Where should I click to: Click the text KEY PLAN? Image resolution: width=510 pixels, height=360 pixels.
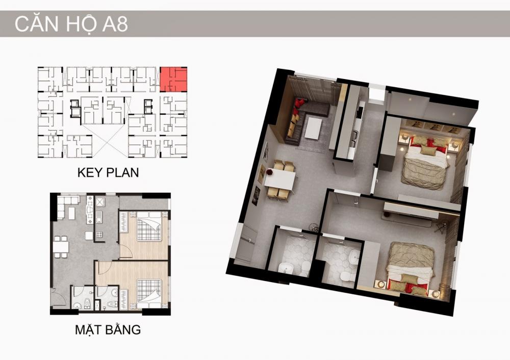[x=108, y=172]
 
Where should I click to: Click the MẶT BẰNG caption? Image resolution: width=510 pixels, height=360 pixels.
[x=108, y=329]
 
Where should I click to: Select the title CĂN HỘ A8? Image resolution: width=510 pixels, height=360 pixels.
[x=71, y=24]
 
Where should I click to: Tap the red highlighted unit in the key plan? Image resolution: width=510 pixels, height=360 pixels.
[x=173, y=80]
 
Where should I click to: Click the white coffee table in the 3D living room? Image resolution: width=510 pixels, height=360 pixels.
[x=313, y=128]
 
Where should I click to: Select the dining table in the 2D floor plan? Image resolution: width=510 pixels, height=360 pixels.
[x=61, y=247]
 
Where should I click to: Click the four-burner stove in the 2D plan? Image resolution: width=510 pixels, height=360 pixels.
[x=99, y=234]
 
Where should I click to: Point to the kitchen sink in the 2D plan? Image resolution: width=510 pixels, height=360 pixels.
[x=99, y=217]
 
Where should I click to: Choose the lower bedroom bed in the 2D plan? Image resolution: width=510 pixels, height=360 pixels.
[x=149, y=294]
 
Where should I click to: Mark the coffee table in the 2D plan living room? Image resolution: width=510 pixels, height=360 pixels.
[x=71, y=213]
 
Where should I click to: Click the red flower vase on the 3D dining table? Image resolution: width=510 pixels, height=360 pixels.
[x=270, y=171]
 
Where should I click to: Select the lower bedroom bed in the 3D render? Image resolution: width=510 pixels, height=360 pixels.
[x=411, y=267]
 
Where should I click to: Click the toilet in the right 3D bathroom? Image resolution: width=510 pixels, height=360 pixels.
[x=345, y=277]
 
